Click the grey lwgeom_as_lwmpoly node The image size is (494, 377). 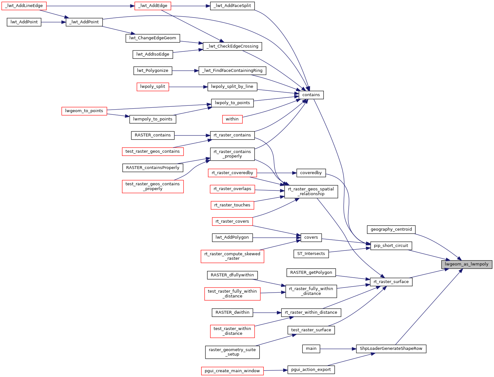coord(467,264)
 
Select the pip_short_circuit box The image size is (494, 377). coord(391,246)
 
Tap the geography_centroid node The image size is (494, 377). coord(391,229)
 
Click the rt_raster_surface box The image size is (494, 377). coord(391,282)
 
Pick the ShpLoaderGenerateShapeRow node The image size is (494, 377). coord(391,349)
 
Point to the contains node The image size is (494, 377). coord(311,95)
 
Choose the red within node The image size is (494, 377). coord(232,119)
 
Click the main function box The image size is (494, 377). coord(311,349)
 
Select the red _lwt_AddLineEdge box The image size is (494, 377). coord(24,6)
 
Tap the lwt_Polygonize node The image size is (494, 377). coord(153,71)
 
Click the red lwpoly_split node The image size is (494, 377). coord(153,87)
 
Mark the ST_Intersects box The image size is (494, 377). coord(311,254)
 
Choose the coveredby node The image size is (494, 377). coord(311,173)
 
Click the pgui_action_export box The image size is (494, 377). coord(311,370)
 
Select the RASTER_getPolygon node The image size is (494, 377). coord(311,273)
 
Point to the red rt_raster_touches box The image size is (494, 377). coord(232,205)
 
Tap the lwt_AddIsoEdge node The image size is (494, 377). coord(153,54)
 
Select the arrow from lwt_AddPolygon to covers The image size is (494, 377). coord(277,237)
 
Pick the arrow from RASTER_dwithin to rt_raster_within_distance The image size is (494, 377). coord(267,312)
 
